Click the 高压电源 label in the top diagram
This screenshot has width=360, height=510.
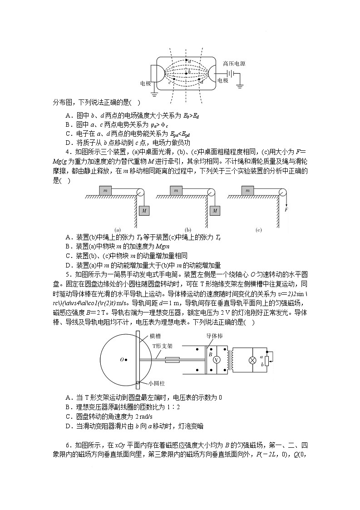point(234,64)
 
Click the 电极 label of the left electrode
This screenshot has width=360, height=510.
point(145,84)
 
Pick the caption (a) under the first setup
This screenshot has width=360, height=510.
point(117,230)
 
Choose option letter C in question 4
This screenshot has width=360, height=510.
point(69,256)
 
